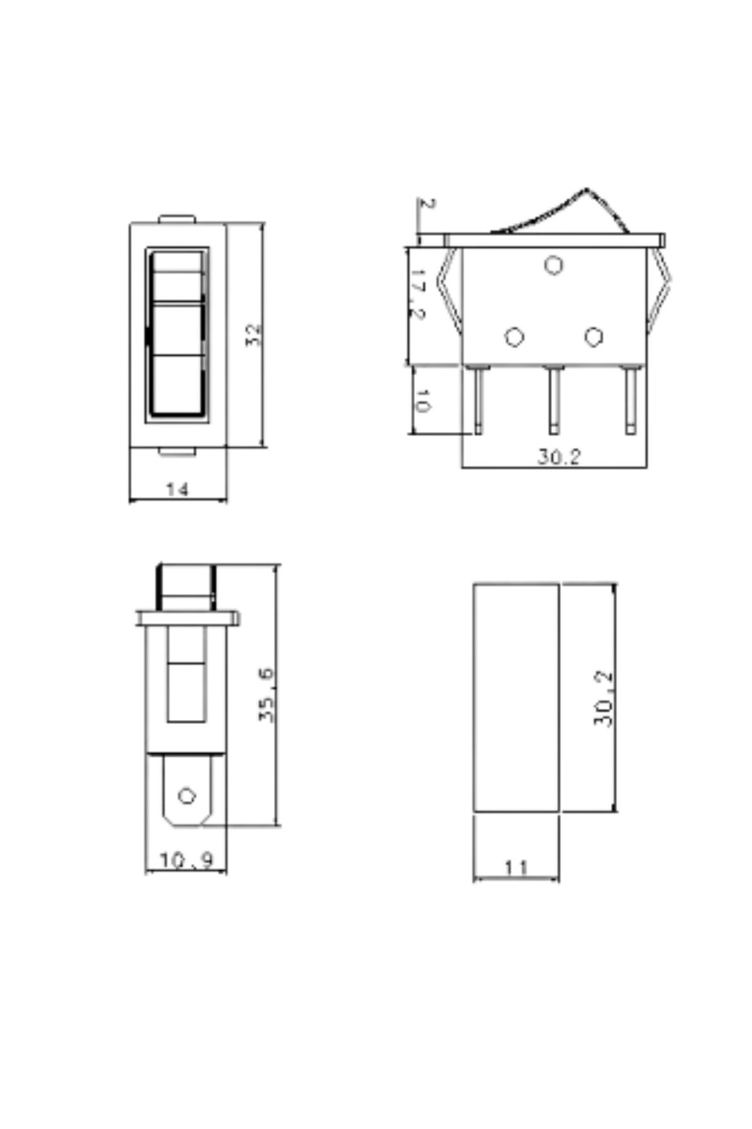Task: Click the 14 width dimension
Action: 177,489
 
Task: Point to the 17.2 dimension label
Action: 419,294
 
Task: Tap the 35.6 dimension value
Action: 267,695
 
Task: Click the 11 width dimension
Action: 516,867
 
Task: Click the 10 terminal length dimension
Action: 423,401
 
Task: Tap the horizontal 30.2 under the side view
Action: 559,457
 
